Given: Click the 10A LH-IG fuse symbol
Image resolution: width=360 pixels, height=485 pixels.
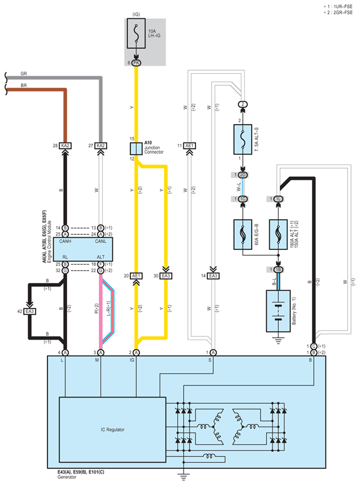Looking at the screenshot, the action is coord(136,34).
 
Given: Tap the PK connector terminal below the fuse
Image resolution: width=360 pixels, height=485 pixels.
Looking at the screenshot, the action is coord(136,63).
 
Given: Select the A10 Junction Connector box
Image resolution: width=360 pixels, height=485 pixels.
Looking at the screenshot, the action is coord(136,149).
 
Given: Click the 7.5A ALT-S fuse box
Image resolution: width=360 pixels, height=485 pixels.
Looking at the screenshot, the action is coord(243,140).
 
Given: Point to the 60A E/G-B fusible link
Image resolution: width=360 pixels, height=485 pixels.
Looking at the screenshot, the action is coord(243,234).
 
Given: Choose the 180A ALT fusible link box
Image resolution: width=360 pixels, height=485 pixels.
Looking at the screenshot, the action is coord(278,234).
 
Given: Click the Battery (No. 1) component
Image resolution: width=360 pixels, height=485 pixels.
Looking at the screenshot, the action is coord(278,311).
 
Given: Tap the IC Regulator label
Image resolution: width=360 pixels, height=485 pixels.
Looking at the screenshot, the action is coord(112,429).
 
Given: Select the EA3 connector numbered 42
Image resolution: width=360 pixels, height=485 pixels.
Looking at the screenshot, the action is coord(30,311).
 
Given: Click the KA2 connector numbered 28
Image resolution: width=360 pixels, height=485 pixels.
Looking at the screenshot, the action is coord(65,146).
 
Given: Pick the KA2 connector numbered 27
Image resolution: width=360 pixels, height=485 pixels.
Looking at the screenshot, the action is coord(101,146).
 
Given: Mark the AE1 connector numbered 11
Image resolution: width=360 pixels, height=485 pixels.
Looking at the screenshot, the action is coord(190,146).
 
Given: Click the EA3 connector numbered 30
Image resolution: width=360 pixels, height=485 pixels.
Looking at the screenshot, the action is coord(166,276).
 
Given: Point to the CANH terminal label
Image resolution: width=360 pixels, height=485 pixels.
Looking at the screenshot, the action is coord(65,241).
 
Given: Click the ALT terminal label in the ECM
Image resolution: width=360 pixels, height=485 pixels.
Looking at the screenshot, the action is coord(101,257).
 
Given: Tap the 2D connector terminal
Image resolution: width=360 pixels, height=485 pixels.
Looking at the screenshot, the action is coord(243,175).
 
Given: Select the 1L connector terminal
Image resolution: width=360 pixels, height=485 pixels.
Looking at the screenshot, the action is coord(278,199).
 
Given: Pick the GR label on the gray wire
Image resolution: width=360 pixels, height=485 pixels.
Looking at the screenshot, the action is coord(24,73).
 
